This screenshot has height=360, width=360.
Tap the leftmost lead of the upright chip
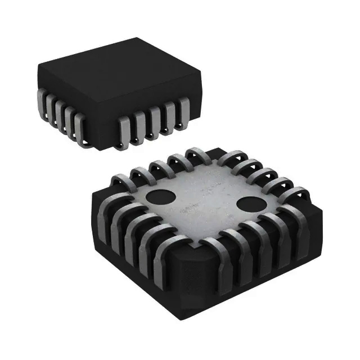[43, 100]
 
